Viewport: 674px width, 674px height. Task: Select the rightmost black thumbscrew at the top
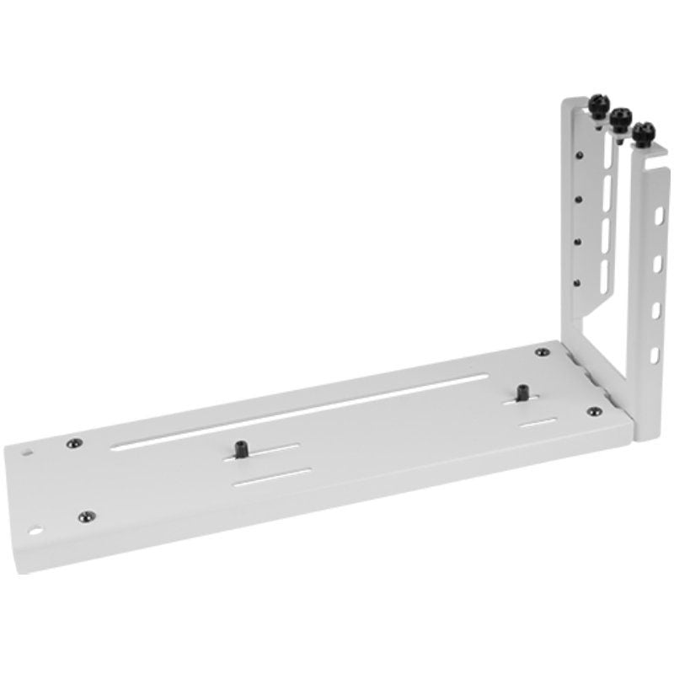[645, 131]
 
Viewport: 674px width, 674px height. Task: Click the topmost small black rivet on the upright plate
[581, 155]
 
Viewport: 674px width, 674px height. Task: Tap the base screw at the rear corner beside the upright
[540, 353]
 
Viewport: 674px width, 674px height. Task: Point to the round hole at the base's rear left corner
[31, 451]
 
